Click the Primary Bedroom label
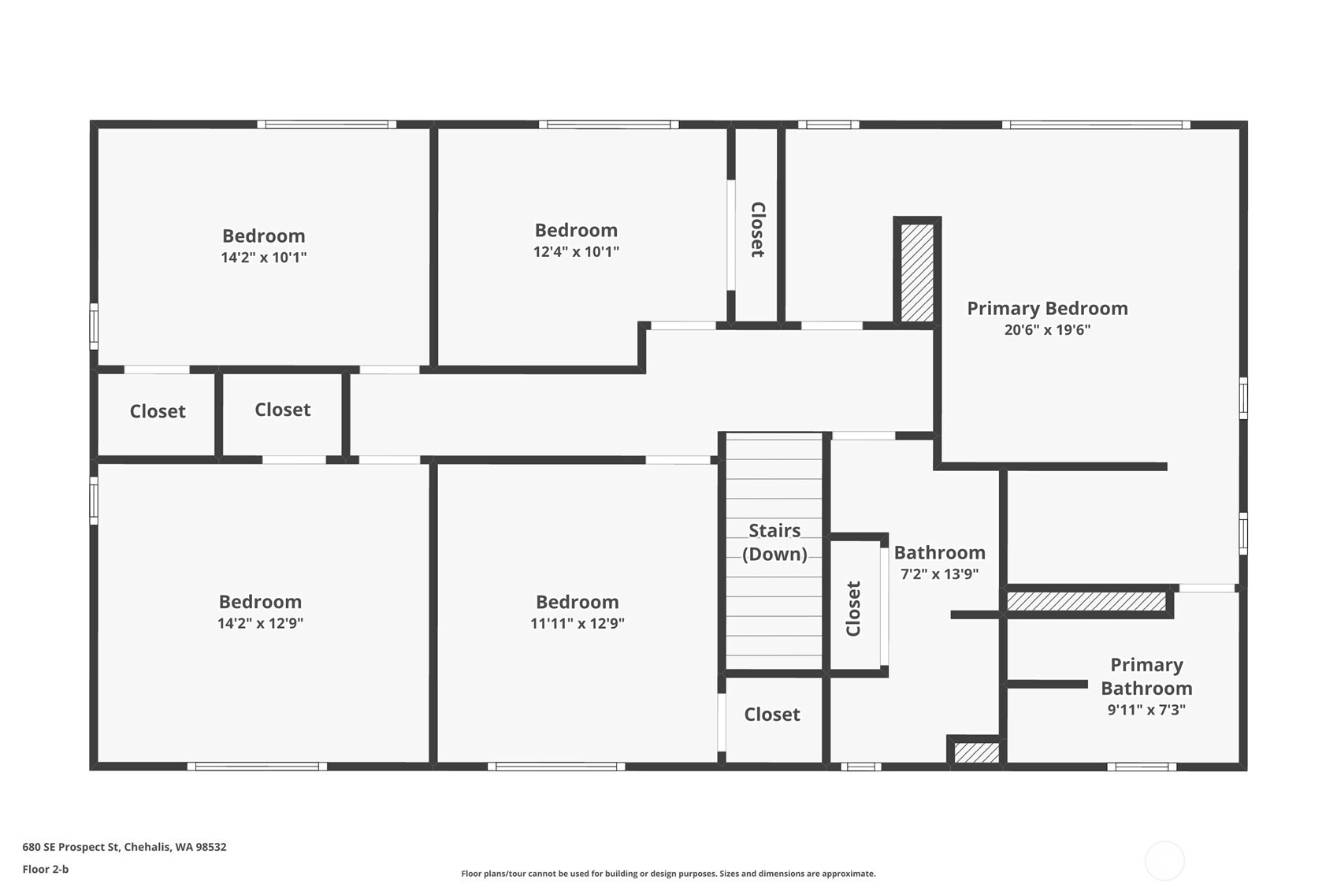1046,309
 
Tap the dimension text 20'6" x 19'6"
1046,330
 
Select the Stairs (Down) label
774,542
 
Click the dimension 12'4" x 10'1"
576,252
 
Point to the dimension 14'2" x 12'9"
260,623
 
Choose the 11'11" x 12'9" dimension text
577,623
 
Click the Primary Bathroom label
1146,677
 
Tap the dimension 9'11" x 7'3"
1146,710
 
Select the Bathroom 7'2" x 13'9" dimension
939,574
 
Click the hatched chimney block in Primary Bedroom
917,273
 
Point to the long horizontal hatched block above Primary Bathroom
1086,602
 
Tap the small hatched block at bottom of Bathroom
976,752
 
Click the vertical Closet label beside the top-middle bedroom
757,229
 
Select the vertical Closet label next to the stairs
853,608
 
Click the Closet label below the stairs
771,715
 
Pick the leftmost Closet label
158,411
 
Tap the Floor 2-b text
46,870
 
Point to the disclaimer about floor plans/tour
668,874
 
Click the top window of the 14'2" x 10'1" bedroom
326,124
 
